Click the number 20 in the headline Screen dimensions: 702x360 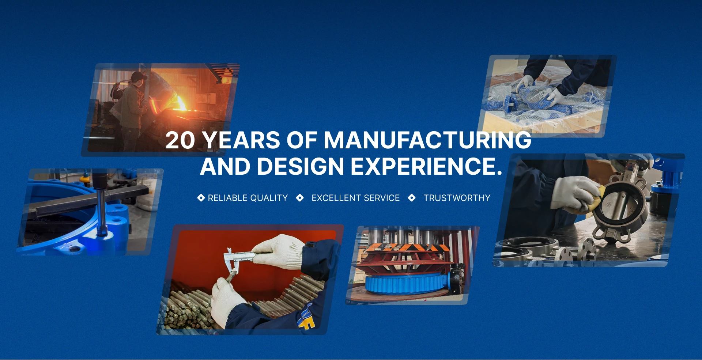point(180,140)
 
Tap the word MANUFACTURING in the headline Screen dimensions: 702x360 point(427,140)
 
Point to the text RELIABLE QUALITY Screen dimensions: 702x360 point(248,198)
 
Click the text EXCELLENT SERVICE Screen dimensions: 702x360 point(355,198)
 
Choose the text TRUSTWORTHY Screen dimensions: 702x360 point(457,198)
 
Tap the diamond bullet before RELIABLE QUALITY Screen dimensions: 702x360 point(201,198)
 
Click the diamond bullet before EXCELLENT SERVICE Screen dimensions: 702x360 point(300,198)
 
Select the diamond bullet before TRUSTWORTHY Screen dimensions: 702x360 point(412,198)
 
